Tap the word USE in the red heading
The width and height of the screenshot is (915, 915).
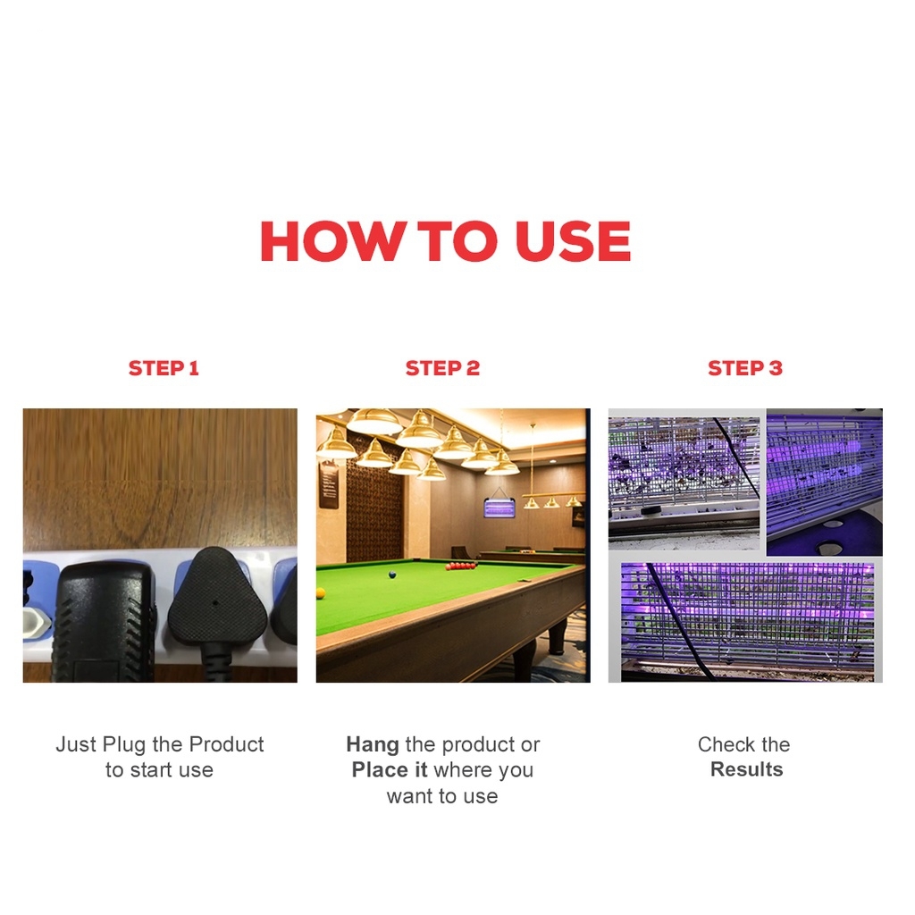(573, 241)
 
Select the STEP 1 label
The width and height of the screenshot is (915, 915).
(164, 368)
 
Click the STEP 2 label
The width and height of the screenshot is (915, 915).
(442, 368)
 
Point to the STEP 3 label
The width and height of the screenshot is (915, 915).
(745, 368)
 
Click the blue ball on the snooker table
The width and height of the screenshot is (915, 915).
(393, 575)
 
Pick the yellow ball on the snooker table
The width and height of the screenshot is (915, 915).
(321, 593)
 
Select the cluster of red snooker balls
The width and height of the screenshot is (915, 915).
(461, 566)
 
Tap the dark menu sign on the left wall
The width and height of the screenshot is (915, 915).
(329, 485)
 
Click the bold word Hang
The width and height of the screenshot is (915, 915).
(373, 744)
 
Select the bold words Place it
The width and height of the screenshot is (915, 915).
(390, 769)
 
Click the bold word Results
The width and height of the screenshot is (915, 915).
(746, 769)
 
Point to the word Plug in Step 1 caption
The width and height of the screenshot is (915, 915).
(123, 745)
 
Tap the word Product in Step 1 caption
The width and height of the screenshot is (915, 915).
(226, 744)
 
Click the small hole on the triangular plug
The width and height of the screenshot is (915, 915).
(215, 602)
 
